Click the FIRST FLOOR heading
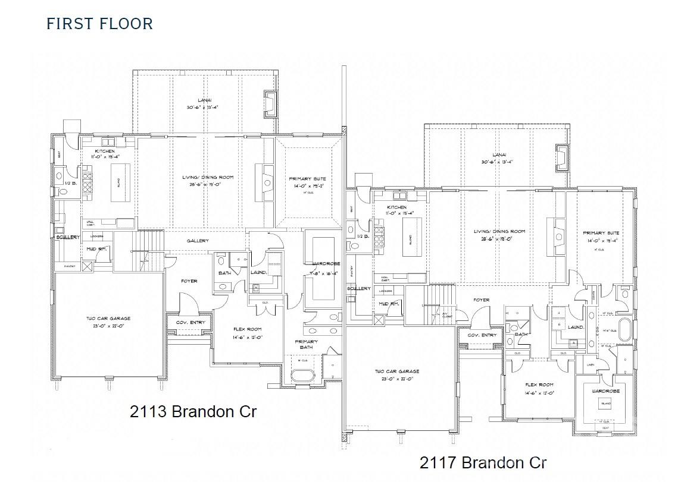pos(99,24)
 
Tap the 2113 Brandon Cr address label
pos(193,411)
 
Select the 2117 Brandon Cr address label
pos(483,462)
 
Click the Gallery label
pos(198,241)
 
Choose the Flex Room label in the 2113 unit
pos(246,329)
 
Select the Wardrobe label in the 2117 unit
pos(605,392)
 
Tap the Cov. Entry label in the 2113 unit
pos(190,322)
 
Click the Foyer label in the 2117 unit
pos(482,300)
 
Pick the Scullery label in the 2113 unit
pos(67,237)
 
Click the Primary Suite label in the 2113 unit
pos(307,179)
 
